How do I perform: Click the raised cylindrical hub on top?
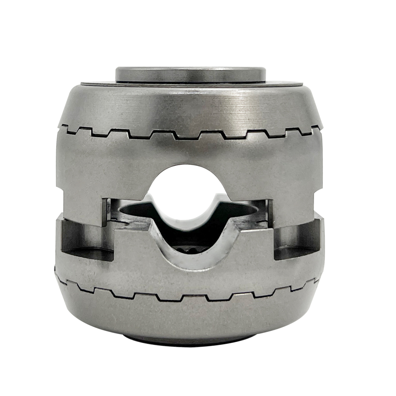[x=191, y=74]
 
